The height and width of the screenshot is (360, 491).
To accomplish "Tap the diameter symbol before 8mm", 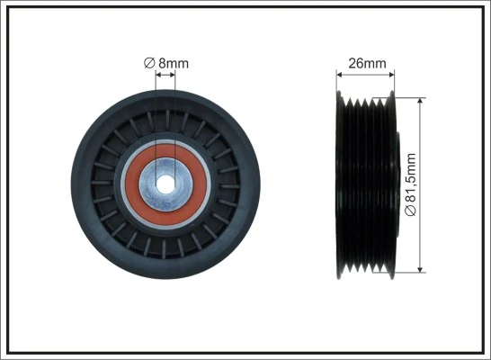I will [149, 63].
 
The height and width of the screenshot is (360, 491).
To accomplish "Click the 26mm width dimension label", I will [367, 63].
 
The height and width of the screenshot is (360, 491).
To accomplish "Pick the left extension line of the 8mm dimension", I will [157, 117].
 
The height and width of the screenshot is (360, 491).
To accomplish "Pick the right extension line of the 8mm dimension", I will [175, 117].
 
